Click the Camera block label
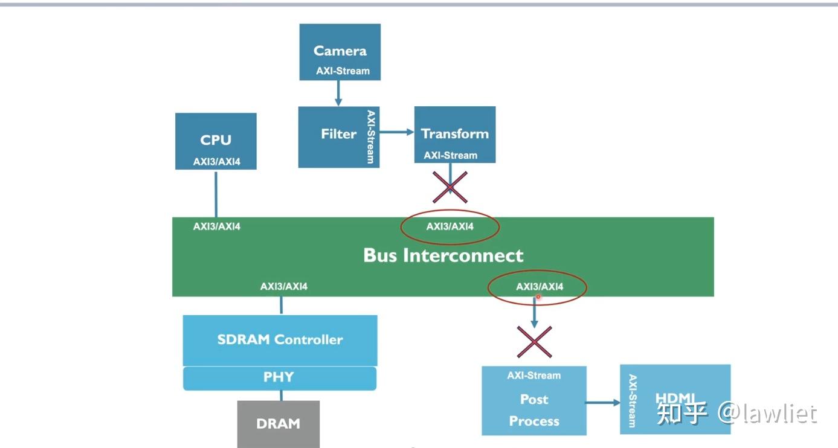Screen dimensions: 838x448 340,51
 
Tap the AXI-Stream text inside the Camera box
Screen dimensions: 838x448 343,71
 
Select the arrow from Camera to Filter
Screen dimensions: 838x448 338,93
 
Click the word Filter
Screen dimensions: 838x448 338,134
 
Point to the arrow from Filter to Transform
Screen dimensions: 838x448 396,132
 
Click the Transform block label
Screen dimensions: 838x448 455,134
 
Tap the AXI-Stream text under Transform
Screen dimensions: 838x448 451,155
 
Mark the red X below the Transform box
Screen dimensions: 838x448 450,187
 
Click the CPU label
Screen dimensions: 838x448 216,140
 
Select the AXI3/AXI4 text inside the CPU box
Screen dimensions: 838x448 217,162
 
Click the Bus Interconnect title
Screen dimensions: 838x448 443,255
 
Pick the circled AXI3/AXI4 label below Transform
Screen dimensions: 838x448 450,226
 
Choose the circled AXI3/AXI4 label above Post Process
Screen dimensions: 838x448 540,286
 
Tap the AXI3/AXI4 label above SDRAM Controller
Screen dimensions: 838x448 284,286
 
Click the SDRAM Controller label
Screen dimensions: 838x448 280,339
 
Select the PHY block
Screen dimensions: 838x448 280,379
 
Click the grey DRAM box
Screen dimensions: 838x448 279,424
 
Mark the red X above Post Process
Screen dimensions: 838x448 535,342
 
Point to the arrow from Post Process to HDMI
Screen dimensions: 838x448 603,403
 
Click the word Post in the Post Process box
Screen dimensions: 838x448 534,399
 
